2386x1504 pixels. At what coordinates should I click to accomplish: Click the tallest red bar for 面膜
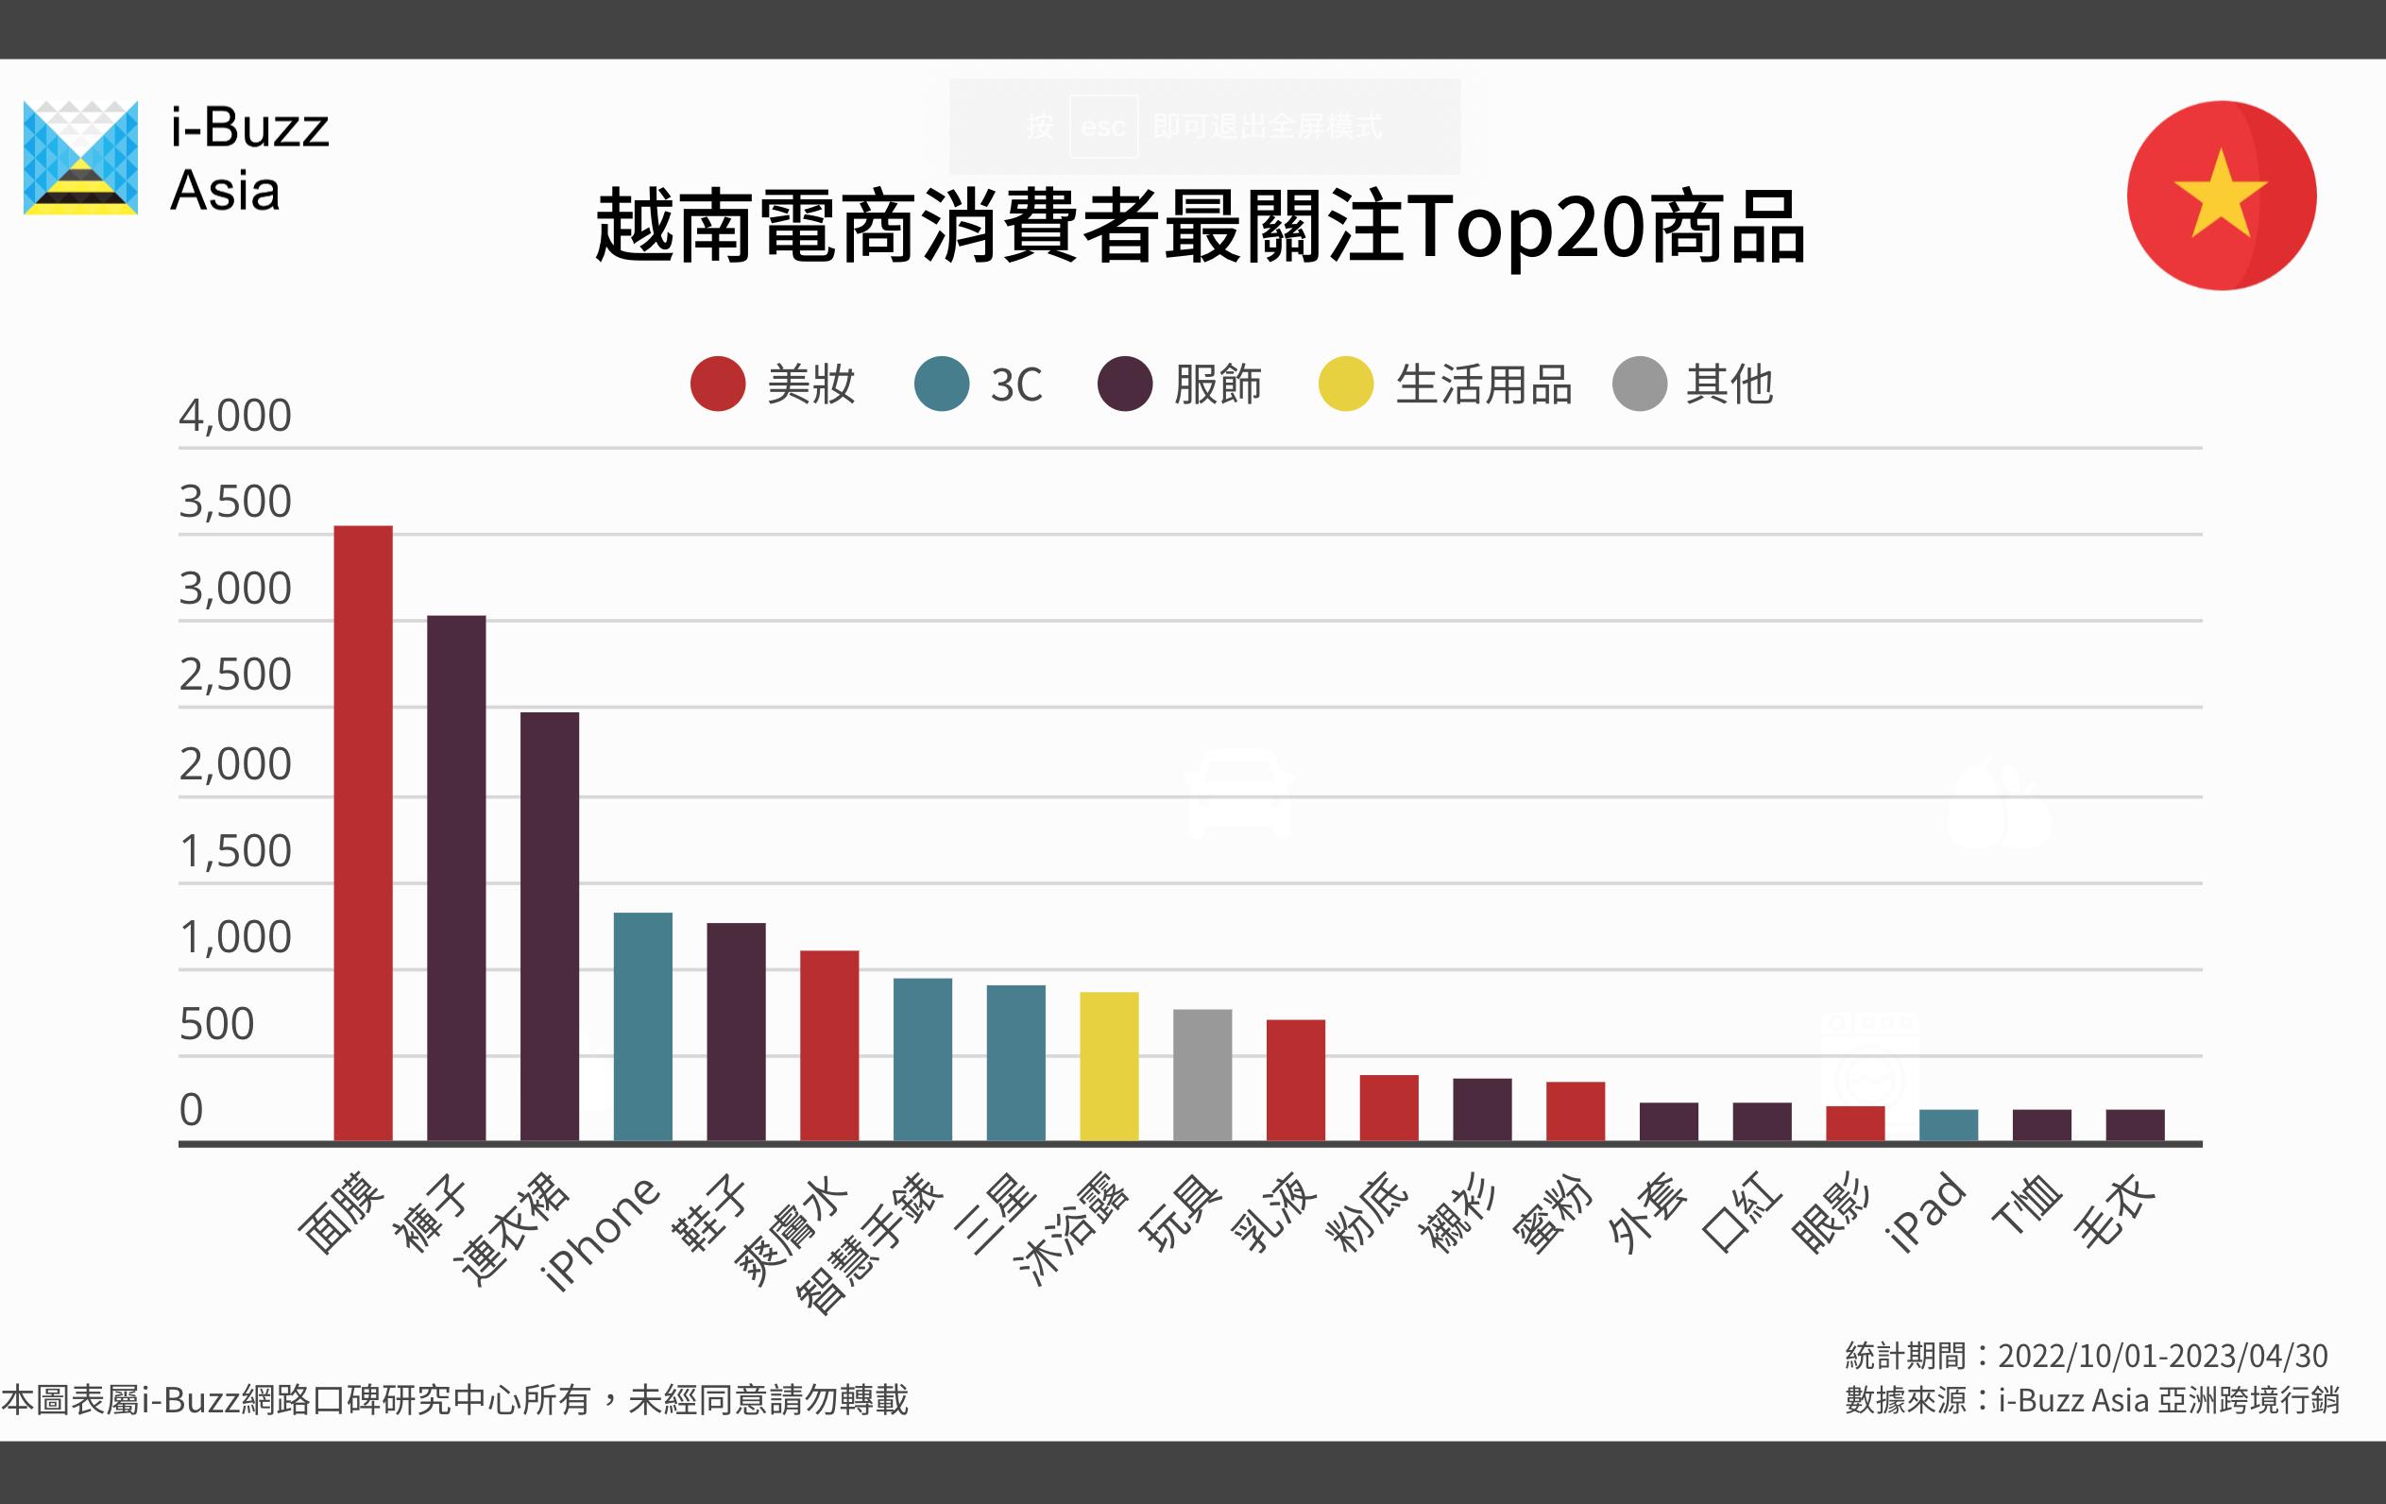click(363, 832)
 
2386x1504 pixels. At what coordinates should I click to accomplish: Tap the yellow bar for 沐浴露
click(1109, 1066)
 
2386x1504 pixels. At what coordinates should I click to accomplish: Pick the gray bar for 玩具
click(1202, 1075)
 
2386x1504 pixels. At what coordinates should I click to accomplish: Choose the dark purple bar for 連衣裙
click(549, 927)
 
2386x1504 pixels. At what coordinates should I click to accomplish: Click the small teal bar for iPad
click(1948, 1125)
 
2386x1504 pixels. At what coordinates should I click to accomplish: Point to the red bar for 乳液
click(1295, 1080)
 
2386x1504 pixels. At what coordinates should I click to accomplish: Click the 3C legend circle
click(941, 384)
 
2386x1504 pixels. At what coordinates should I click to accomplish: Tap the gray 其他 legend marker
click(1639, 384)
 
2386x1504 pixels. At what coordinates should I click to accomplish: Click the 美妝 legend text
click(810, 385)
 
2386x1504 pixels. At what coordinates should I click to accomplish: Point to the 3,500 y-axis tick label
click(235, 502)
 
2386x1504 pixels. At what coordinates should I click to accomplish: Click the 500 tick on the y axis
click(216, 1023)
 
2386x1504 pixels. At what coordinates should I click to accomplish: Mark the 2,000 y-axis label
click(235, 764)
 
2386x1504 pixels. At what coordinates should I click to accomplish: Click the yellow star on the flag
click(2220, 195)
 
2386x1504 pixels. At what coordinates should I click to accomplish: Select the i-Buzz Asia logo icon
click(80, 158)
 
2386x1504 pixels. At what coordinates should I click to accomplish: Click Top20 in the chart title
click(1525, 228)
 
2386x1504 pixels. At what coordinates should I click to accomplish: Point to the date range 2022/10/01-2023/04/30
click(2162, 1356)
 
